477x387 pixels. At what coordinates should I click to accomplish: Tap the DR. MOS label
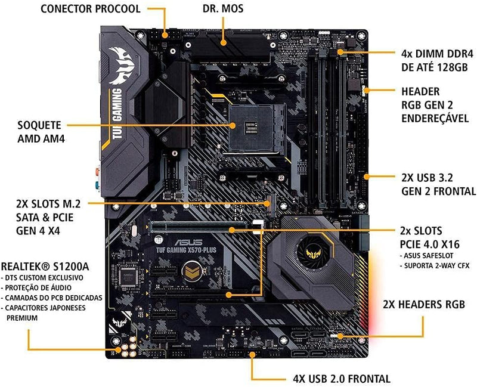click(x=223, y=9)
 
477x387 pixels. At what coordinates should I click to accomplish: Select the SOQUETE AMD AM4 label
click(x=40, y=133)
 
